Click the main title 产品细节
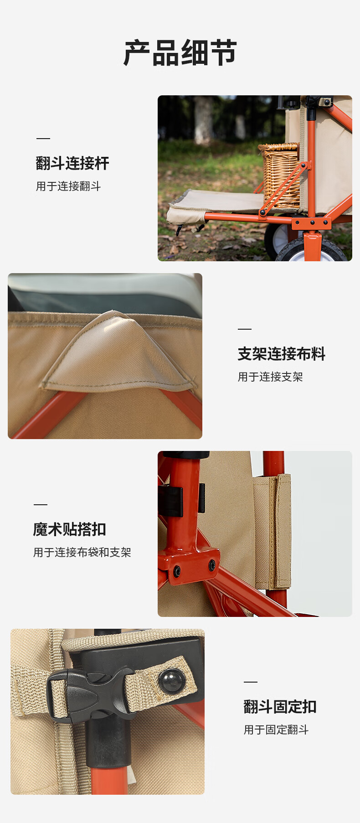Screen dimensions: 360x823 180,53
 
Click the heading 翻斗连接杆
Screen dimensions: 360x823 72,163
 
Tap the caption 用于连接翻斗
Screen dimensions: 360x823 68,186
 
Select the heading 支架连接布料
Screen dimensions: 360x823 282,354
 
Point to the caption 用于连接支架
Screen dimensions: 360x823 270,377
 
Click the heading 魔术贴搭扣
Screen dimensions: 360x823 70,529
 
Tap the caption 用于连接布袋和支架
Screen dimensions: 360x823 82,552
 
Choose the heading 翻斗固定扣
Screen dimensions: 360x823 280,707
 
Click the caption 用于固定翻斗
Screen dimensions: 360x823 276,730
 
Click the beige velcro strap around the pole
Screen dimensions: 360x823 273,531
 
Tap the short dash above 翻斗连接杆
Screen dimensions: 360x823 43,138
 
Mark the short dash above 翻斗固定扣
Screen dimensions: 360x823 251,682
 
